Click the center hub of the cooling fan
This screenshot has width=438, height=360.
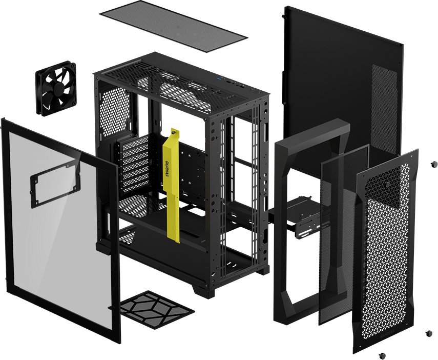click(56, 89)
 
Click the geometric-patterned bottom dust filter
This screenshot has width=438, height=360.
click(156, 309)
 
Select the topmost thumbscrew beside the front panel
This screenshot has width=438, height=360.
click(433, 164)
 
